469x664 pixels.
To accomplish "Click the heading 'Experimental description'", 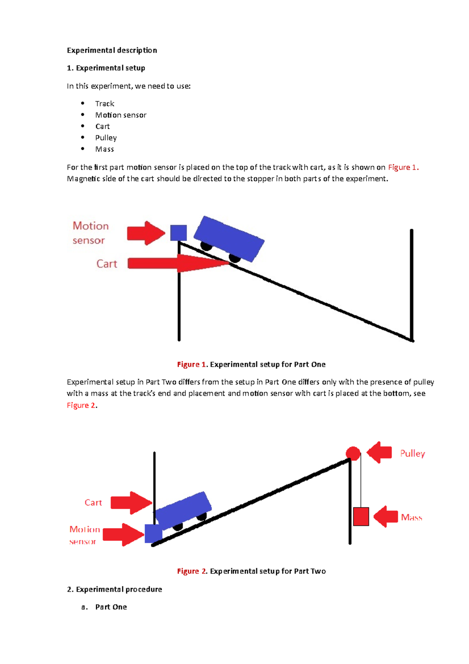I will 112,50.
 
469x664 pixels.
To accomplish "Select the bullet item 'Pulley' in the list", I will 106,138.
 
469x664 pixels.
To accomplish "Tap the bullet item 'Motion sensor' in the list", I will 121,115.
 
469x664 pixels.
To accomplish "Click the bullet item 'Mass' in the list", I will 104,149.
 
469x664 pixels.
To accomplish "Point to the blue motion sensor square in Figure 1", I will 179,233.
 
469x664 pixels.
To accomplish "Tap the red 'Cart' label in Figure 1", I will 107,264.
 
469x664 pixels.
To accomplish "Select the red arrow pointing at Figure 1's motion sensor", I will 146,233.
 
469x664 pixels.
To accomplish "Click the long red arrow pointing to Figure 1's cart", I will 176,263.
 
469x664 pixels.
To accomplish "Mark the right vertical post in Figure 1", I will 412,285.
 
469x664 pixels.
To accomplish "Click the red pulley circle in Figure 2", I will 353,454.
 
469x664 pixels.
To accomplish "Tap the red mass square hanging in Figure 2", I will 361,517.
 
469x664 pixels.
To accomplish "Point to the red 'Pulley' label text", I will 412,454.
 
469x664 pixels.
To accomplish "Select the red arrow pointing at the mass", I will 386,517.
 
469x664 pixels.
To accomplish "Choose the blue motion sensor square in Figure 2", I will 153,534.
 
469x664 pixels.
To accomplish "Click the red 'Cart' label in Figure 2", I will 93,502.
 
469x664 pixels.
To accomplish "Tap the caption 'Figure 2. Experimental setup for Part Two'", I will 251,571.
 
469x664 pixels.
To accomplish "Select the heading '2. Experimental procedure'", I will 115,589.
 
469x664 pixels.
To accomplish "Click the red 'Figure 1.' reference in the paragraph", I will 403,167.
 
